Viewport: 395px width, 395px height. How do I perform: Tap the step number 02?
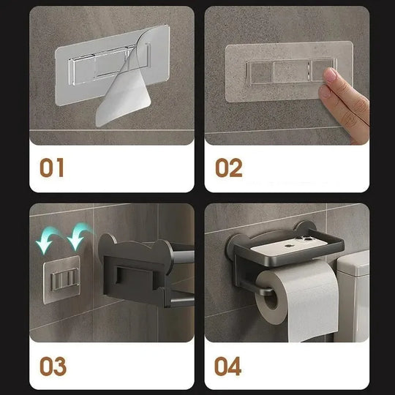click(228, 168)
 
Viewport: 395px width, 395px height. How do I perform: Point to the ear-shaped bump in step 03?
click(107, 242)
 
